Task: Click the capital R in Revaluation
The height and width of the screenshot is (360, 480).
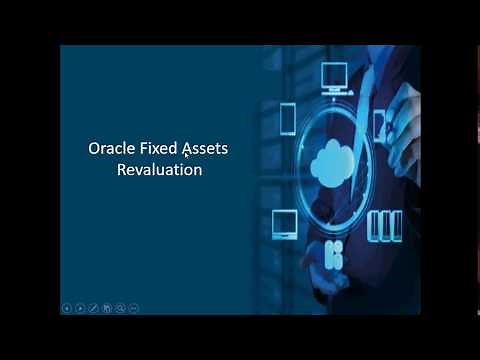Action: point(123,170)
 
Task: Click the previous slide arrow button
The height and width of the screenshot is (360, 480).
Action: point(67,308)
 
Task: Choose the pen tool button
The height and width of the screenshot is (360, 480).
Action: point(93,308)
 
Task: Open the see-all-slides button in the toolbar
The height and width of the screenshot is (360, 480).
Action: point(106,308)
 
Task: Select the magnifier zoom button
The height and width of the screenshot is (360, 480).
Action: point(120,308)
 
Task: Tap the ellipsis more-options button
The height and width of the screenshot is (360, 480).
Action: point(133,308)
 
